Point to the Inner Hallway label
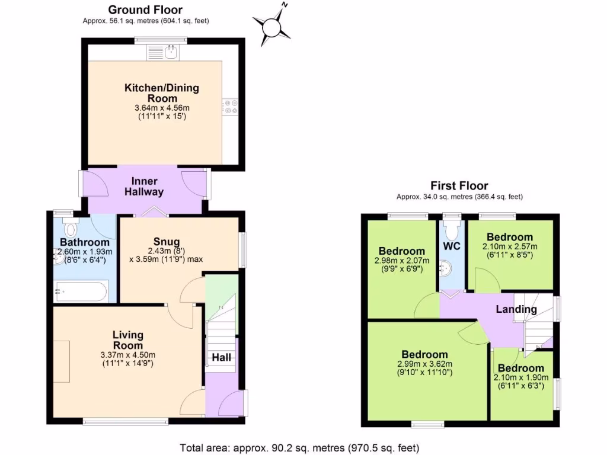click(144, 187)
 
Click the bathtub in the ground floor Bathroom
click(80, 291)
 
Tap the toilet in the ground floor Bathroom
click(71, 227)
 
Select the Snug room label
click(167, 241)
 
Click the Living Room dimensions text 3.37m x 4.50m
click(127, 355)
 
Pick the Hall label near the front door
click(222, 358)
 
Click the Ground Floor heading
click(145, 9)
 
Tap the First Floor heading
click(459, 186)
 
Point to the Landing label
click(516, 309)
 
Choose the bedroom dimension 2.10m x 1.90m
click(521, 377)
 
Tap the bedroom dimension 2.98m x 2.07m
click(402, 261)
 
